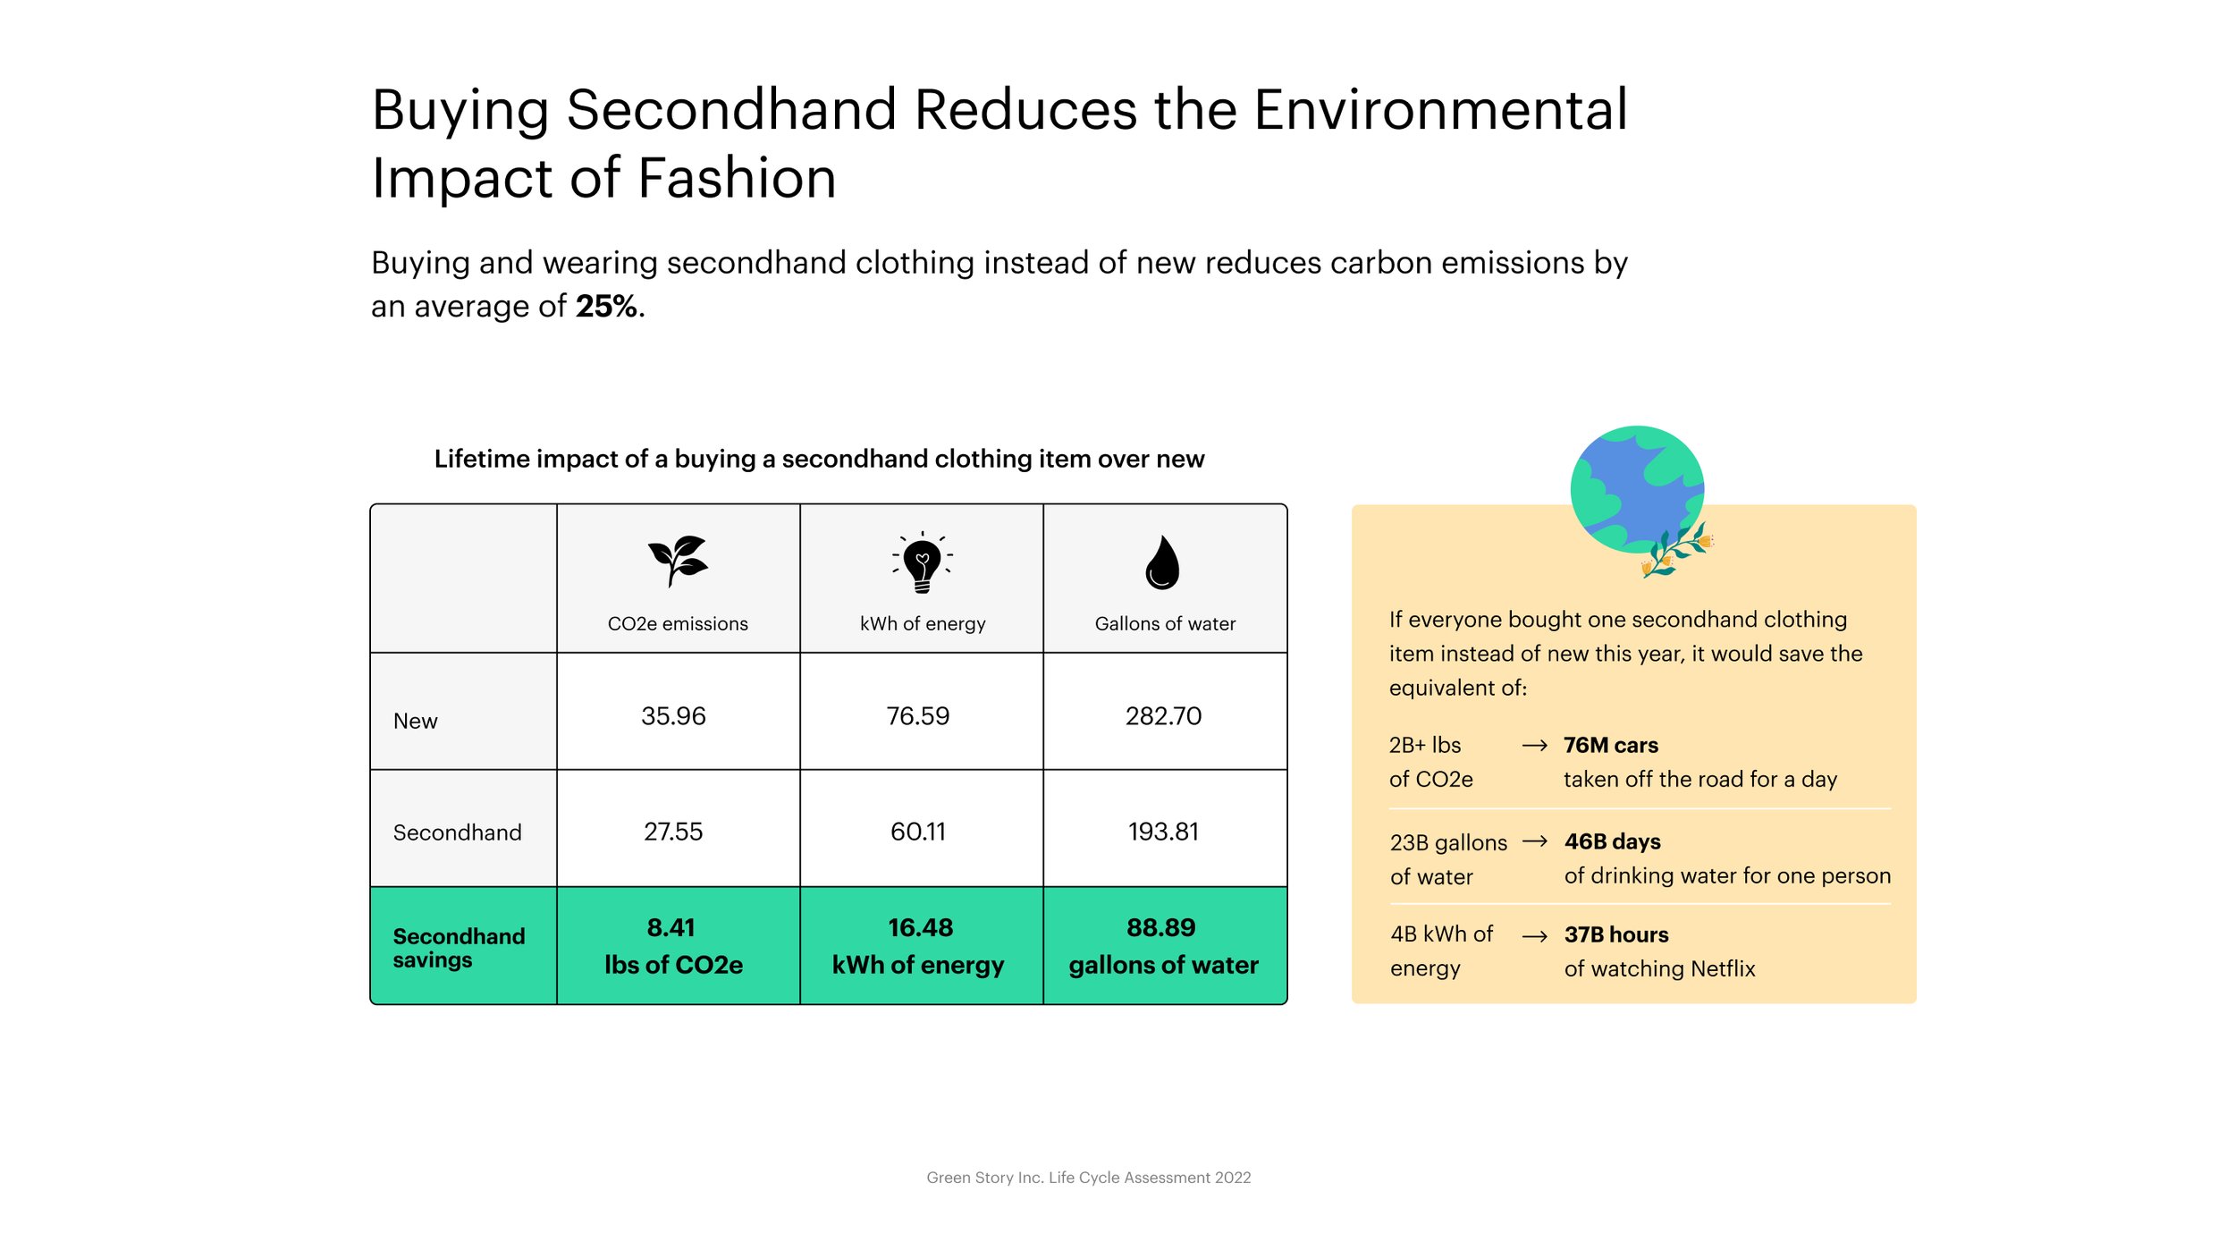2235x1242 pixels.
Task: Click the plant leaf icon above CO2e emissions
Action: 677,561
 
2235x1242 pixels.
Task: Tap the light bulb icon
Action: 922,562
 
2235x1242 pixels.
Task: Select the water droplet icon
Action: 1162,562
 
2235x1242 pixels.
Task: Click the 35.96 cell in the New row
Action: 673,716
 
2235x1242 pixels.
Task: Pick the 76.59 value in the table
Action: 918,716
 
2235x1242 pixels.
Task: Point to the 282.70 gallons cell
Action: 1163,716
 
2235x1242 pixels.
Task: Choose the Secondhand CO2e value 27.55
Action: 673,832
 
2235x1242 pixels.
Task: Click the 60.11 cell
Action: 918,832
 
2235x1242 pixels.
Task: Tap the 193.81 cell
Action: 1163,832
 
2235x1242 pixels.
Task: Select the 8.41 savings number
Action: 671,927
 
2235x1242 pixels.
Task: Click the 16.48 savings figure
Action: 921,927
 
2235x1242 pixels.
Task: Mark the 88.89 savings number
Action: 1161,927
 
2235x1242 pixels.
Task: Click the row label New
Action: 416,721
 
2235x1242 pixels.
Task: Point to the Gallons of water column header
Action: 1165,623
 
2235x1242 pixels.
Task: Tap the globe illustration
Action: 1638,491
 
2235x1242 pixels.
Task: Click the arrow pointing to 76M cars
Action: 1535,746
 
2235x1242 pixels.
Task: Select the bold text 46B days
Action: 1613,841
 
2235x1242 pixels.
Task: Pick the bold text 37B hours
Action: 1616,934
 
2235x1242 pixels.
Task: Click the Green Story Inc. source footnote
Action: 1089,1178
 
